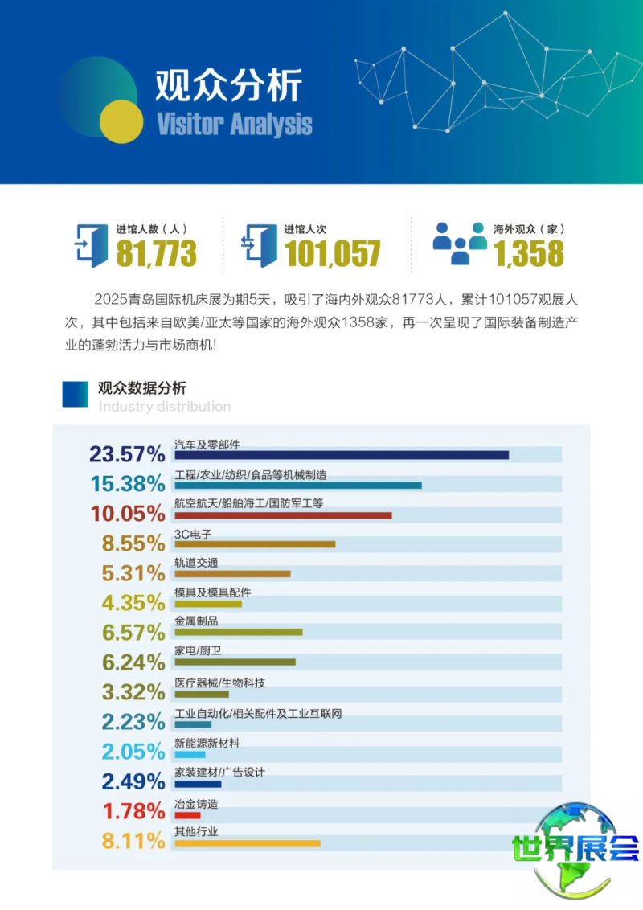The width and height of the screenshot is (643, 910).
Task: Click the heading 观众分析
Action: point(228,85)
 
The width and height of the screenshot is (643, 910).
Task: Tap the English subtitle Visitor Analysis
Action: point(235,125)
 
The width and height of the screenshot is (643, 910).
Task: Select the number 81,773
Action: point(156,254)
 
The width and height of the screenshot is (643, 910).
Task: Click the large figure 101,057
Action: point(332,254)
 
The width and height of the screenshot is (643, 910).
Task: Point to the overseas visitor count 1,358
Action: point(528,254)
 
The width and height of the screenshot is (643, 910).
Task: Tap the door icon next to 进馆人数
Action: point(91,244)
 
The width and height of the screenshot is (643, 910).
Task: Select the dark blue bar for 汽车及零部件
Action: point(342,455)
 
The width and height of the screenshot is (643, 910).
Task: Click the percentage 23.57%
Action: point(127,454)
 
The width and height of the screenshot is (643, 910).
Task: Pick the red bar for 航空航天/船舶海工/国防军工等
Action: point(283,514)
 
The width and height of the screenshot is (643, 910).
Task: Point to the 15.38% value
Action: point(127,484)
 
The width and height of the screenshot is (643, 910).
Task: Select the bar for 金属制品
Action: point(239,632)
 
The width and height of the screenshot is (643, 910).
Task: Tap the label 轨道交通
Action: point(196,563)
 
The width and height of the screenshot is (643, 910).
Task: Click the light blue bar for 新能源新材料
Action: point(190,755)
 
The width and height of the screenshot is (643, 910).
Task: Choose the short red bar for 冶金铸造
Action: point(187,814)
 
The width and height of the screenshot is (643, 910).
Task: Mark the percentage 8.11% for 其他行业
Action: point(133,841)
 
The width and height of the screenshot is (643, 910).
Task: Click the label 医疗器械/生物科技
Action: point(219,683)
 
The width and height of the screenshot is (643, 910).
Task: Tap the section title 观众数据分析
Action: point(142,388)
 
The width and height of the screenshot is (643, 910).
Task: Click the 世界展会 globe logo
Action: point(575,849)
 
